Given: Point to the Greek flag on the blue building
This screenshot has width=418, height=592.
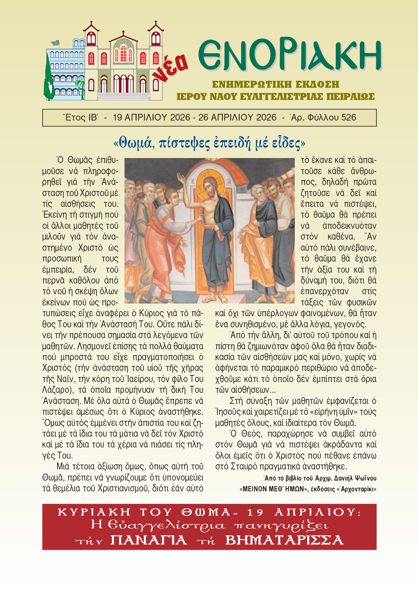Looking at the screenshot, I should [55, 43].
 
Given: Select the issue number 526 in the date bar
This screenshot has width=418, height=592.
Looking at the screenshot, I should [349, 118].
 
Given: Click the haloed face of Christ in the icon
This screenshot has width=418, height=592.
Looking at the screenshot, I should [210, 188].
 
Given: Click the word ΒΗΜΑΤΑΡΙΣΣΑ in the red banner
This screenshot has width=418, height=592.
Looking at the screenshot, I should [284, 540].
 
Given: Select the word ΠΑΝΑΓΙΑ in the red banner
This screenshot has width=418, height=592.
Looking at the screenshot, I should [149, 540].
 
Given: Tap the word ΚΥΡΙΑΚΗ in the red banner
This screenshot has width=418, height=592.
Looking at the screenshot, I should [94, 512].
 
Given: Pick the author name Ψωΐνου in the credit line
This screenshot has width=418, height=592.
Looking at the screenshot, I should [364, 478].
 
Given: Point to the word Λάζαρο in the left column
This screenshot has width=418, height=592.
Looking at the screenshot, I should [56, 390].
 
